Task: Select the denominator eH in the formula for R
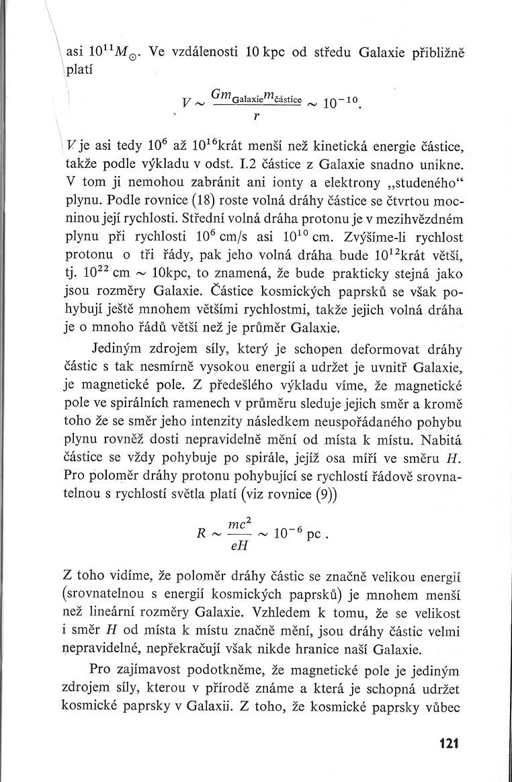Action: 240,546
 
